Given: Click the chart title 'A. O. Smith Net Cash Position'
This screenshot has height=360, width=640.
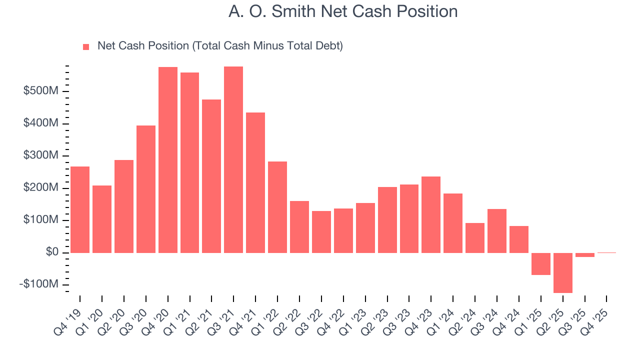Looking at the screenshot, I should tap(343, 11).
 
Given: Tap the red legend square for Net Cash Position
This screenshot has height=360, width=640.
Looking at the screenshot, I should tap(86, 46).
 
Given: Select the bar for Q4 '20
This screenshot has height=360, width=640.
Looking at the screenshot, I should tap(168, 160).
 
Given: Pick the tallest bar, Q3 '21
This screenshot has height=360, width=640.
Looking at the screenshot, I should tap(233, 159).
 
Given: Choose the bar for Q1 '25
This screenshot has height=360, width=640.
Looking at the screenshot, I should tap(540, 263).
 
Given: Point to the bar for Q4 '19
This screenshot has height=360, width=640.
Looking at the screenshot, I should tap(80, 209).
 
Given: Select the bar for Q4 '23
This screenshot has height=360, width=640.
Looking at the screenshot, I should tap(431, 214).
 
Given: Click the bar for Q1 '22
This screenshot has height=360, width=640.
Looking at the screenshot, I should tap(277, 207).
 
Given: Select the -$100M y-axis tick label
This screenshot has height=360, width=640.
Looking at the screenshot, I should tap(39, 284).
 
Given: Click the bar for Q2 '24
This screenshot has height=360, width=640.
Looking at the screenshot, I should tap(474, 237).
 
